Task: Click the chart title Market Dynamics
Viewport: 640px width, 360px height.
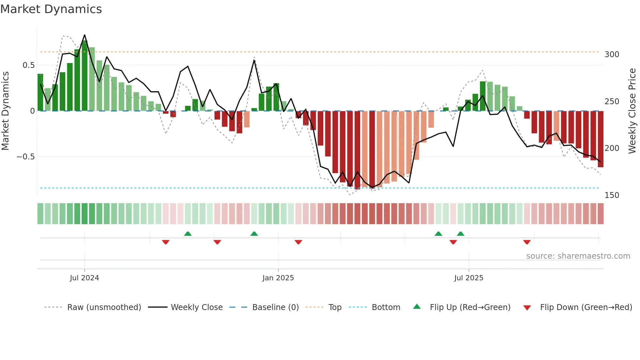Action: coord(51,9)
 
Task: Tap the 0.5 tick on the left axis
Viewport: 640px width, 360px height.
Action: coord(28,65)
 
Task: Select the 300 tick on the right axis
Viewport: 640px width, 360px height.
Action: coord(612,55)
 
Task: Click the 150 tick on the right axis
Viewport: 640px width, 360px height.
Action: coord(612,195)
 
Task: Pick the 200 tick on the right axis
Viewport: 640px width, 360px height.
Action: coord(612,148)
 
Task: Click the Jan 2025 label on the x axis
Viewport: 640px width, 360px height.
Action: coord(278,278)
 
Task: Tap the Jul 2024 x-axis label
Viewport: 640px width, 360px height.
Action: coord(84,278)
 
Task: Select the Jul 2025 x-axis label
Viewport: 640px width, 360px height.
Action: coord(469,278)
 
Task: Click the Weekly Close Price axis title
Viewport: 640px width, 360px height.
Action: coord(632,111)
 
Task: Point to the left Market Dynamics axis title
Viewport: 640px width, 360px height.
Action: coord(5,111)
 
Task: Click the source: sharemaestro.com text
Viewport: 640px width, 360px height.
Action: coord(578,256)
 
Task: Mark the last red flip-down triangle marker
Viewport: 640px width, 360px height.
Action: coord(527,242)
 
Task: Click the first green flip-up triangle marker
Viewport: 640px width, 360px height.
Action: coord(188,234)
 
